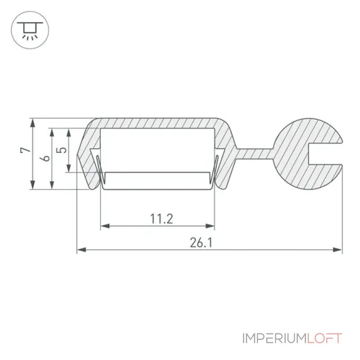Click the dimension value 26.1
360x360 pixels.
(201, 243)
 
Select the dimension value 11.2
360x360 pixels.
(162, 219)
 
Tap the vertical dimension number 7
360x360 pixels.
(25, 150)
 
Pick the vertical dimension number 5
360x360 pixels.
(61, 150)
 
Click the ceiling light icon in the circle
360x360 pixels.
(30, 31)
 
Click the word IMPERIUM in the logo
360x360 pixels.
(274, 338)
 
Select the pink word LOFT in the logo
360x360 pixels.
(324, 338)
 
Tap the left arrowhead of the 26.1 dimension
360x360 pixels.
(81, 250)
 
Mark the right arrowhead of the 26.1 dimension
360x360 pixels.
(337, 250)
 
